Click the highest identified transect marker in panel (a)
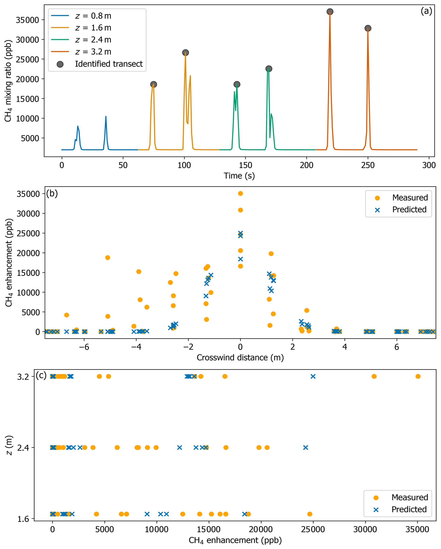330,12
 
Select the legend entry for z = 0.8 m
93,16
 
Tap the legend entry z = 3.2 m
93,52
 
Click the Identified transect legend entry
109,64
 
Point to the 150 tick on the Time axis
245,165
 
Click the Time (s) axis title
239,176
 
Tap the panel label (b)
52,194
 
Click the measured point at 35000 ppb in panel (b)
240,194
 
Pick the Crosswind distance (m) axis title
240,358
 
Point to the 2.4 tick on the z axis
23,448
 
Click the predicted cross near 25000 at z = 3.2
313,376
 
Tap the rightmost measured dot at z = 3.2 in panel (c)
418,376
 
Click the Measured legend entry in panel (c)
409,497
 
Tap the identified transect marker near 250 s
368,28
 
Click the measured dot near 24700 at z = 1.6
310,514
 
